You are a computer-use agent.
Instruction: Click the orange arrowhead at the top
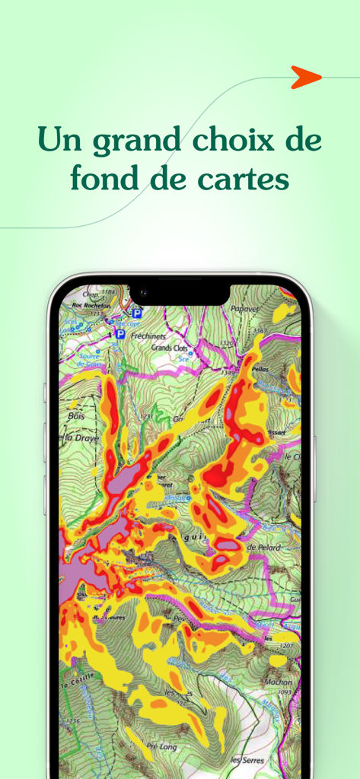tap(305, 77)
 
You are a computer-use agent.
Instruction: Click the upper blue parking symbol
tap(137, 313)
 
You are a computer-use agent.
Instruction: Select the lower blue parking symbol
tap(119, 333)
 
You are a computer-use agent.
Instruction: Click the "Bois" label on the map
tap(75, 416)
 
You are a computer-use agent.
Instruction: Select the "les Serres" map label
tap(245, 760)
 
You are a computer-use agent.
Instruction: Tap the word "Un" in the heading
tap(59, 141)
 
